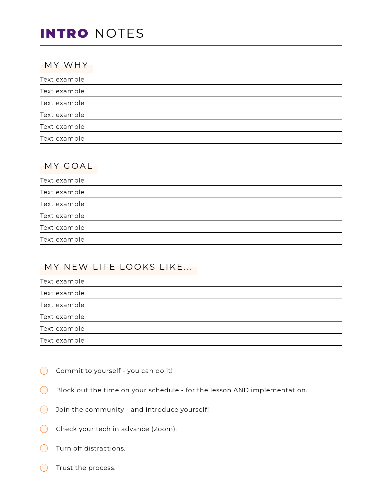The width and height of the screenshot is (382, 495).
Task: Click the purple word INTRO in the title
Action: pyautogui.click(x=64, y=33)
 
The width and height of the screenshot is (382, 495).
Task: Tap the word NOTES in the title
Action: pyautogui.click(x=119, y=33)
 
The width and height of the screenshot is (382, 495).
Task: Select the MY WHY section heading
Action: pyautogui.click(x=66, y=65)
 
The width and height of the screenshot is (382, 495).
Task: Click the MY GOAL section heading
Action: pyautogui.click(x=69, y=166)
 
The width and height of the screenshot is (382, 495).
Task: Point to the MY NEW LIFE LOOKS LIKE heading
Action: pyautogui.click(x=118, y=267)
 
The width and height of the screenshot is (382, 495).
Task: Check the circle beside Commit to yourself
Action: pyautogui.click(x=44, y=371)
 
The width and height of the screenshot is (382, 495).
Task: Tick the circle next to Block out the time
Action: pyautogui.click(x=44, y=390)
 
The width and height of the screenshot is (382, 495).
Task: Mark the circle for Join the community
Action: pyautogui.click(x=44, y=409)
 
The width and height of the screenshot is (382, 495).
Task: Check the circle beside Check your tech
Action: pyautogui.click(x=44, y=429)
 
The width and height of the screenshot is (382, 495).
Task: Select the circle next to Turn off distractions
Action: pyautogui.click(x=44, y=448)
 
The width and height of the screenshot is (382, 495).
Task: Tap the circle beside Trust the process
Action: pyautogui.click(x=44, y=468)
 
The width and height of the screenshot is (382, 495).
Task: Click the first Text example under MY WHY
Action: pyautogui.click(x=62, y=80)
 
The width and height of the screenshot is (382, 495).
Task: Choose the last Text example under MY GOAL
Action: pyautogui.click(x=62, y=240)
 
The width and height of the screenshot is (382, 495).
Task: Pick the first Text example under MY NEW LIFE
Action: pyautogui.click(x=62, y=282)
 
